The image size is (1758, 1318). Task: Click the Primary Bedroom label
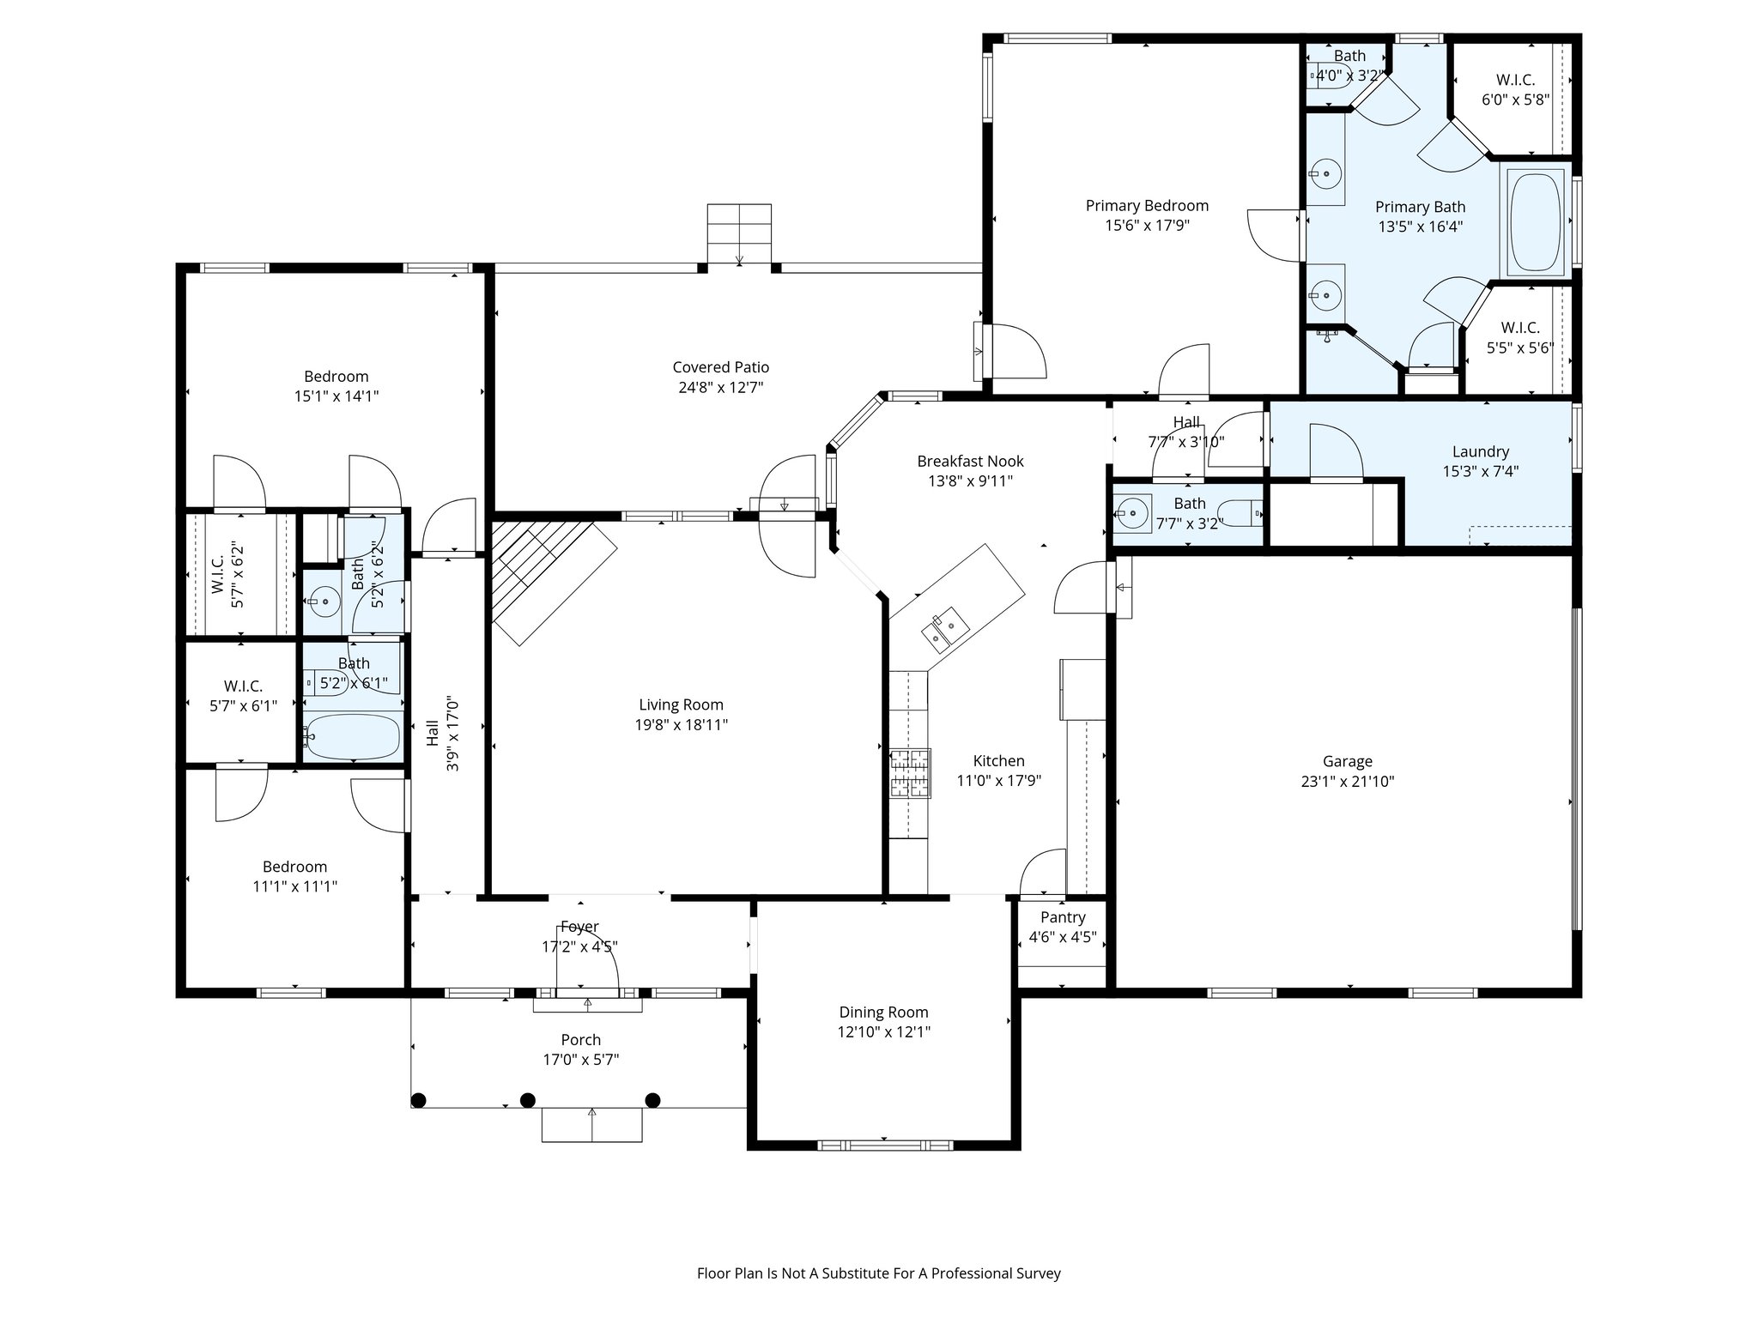click(x=1147, y=206)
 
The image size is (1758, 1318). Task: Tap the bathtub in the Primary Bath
click(x=1537, y=221)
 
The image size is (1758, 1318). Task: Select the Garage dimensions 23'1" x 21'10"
click(x=1347, y=782)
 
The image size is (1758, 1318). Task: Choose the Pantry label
click(x=1063, y=917)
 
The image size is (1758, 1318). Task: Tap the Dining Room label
click(x=883, y=1013)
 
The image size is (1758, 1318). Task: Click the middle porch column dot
click(x=528, y=1100)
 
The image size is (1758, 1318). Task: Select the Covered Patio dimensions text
click(x=721, y=387)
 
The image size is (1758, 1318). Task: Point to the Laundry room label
click(x=1481, y=451)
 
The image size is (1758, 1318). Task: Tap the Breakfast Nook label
click(x=970, y=462)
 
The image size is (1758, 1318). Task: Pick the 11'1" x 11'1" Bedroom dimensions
click(x=294, y=886)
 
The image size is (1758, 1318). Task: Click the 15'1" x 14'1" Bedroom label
click(x=336, y=377)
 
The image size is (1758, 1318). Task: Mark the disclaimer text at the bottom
click(x=879, y=1273)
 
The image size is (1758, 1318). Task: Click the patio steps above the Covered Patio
click(x=739, y=234)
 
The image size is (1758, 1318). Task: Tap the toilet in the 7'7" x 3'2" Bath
click(x=1241, y=513)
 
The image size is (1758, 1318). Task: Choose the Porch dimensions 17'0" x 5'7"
click(x=581, y=1060)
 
